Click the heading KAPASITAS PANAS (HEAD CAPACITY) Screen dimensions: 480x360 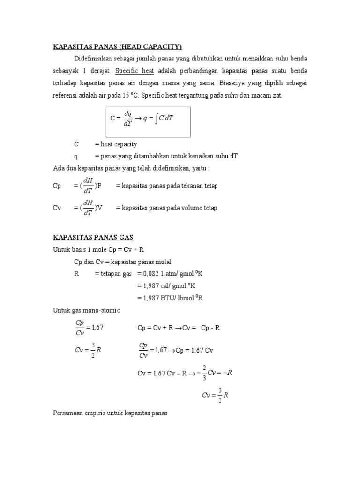click(x=117, y=46)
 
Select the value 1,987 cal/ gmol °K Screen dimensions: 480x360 click(x=172, y=285)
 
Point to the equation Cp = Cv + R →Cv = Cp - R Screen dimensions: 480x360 click(x=178, y=328)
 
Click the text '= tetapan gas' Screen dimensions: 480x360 click(x=113, y=274)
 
